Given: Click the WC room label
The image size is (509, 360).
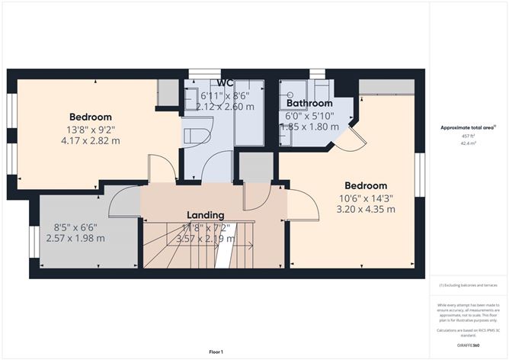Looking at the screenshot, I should tap(224, 82).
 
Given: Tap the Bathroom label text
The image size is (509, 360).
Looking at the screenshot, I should tap(309, 103).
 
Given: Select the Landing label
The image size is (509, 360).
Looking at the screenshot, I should tap(206, 215).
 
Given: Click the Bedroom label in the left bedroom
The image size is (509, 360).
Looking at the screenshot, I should tap(91, 117).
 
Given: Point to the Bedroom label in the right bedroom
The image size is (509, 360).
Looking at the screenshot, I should tap(366, 185).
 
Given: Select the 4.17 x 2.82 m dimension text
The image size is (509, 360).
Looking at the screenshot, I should tap(91, 140).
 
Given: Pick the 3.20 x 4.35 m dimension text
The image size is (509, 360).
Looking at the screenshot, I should tap(366, 209).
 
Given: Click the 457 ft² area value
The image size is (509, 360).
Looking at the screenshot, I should tap(468, 135).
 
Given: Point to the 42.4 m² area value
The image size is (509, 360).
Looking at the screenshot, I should tap(468, 143).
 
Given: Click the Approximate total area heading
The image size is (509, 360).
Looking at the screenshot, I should tap(467, 127).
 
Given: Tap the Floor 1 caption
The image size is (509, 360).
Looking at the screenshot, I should tap(216, 352).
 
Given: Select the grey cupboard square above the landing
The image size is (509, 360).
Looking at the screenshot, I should tap(255, 166).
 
